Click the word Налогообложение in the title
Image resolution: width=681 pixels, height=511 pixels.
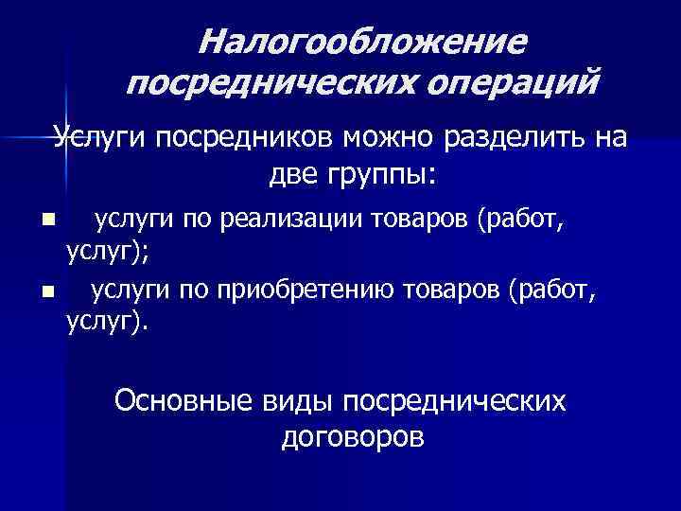(363, 42)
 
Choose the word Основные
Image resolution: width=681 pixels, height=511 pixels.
(181, 401)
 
